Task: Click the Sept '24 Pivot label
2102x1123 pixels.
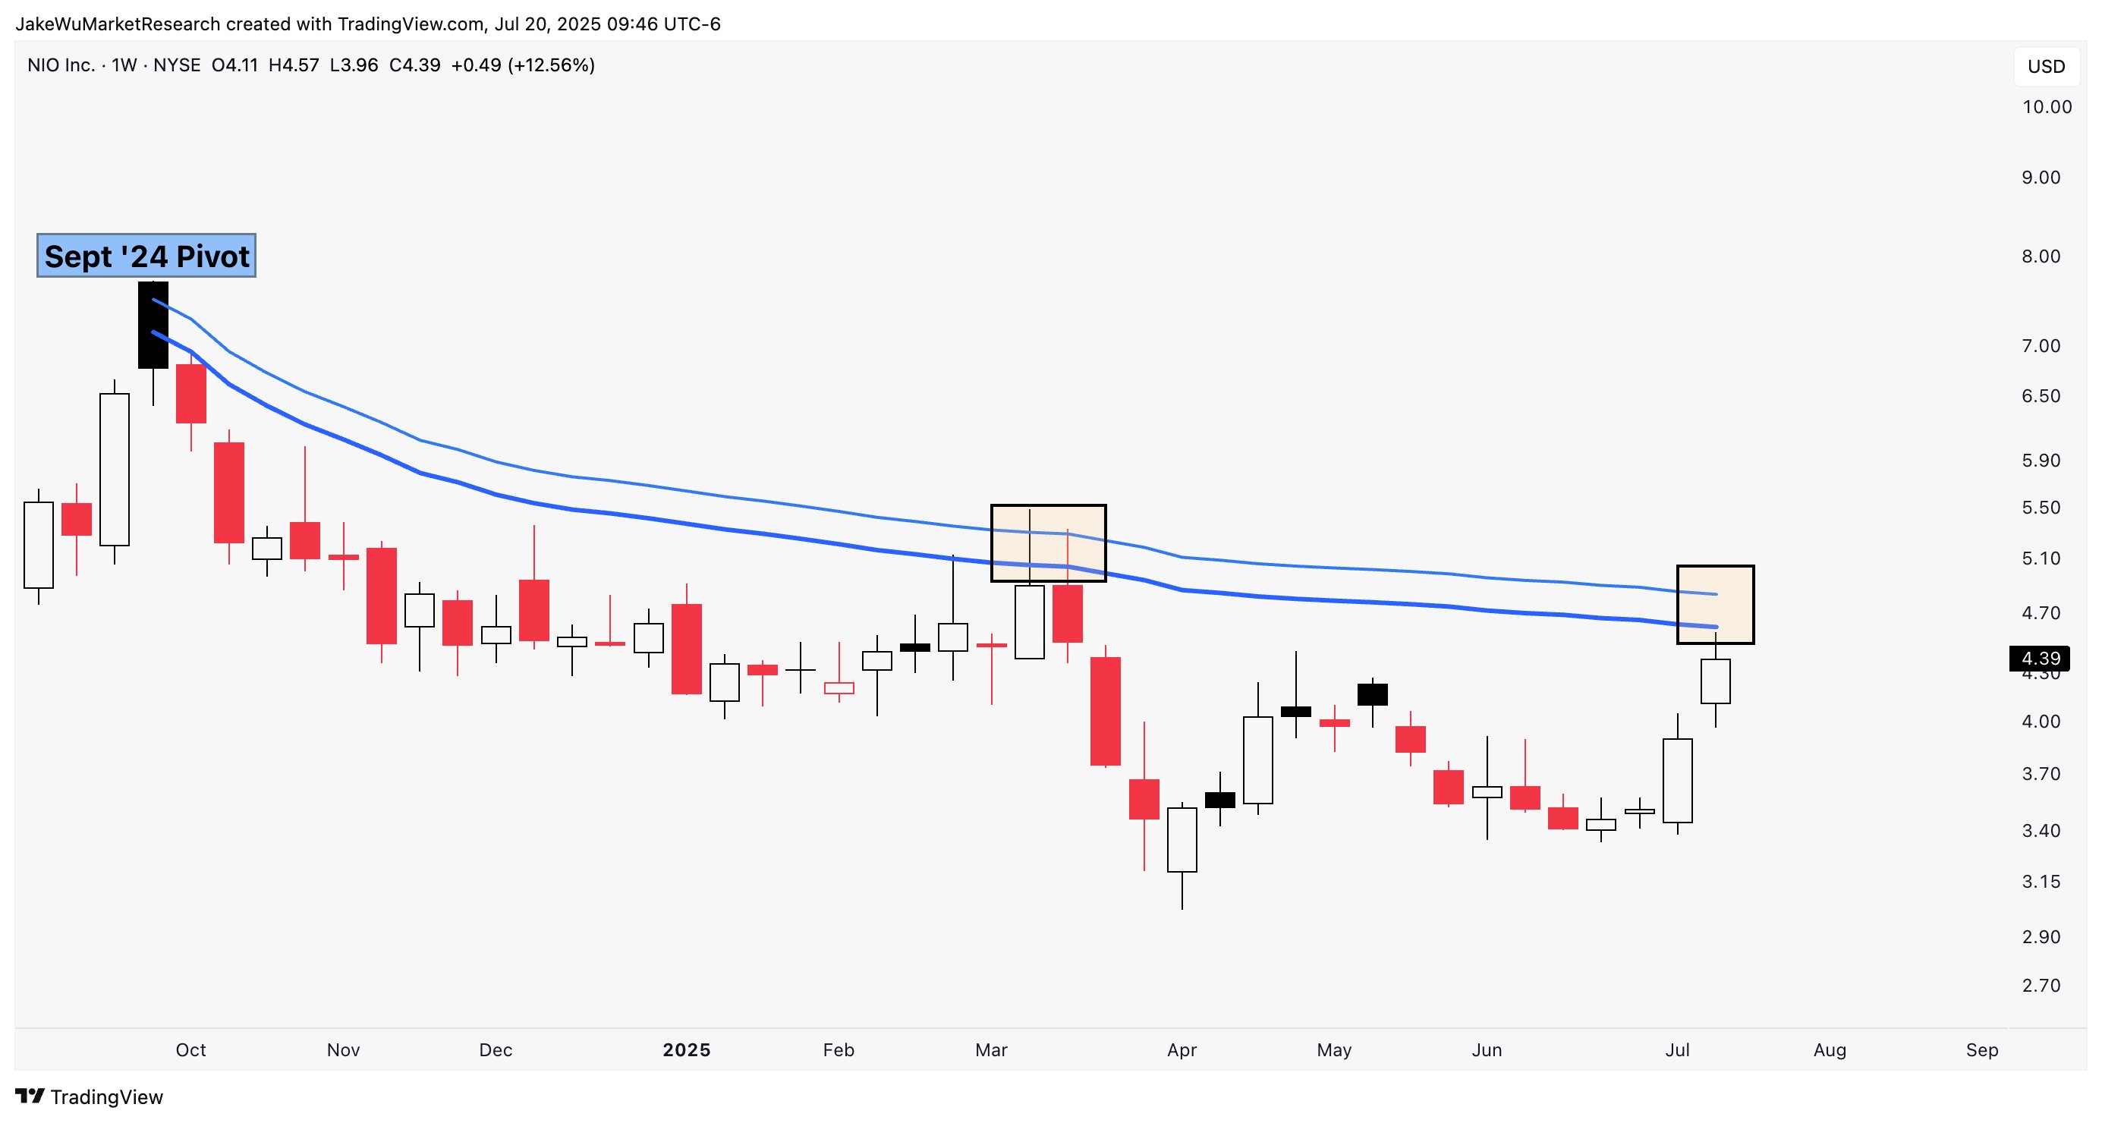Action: point(146,256)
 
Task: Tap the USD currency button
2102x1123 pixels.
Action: point(2046,67)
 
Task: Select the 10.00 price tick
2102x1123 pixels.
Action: point(2046,107)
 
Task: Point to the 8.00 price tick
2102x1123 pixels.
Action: point(2040,256)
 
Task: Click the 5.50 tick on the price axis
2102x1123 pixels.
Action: point(2040,508)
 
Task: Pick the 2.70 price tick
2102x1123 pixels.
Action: point(2040,986)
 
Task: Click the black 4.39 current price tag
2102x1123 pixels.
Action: point(2040,658)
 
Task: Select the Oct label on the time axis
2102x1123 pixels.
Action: point(191,1050)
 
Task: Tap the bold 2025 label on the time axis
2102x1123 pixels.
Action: point(686,1050)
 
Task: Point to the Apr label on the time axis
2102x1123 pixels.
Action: point(1182,1050)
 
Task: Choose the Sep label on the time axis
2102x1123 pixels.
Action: point(1981,1050)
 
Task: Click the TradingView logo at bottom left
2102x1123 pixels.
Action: point(90,1097)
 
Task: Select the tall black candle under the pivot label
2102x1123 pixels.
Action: point(153,325)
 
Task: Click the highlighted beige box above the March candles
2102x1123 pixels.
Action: point(1048,543)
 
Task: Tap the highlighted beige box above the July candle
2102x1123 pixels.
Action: point(1714,604)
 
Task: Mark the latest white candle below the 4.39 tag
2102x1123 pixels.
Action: point(1715,681)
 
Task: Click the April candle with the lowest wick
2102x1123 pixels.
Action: point(1182,841)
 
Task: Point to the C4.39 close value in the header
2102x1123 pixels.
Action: point(414,65)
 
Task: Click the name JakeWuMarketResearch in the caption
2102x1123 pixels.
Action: point(118,24)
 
